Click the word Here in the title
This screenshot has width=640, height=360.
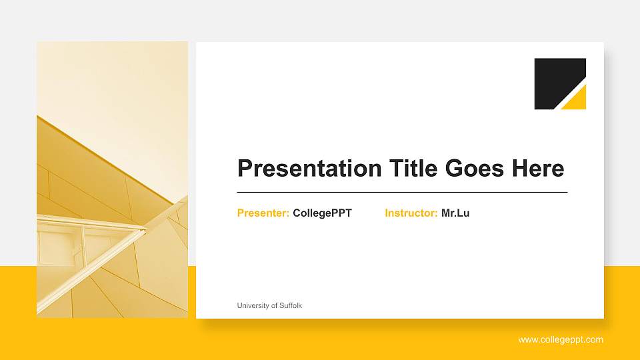point(537,169)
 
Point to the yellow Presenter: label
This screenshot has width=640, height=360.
point(263,213)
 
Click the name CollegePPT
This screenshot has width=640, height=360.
point(322,213)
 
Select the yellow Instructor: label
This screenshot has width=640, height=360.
point(411,213)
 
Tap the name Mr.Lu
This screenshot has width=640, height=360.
point(455,213)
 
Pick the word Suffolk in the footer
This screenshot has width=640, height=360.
point(291,305)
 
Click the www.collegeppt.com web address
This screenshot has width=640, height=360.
point(561,340)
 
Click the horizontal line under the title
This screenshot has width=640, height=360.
point(402,192)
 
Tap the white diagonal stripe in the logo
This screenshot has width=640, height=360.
point(570,93)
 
